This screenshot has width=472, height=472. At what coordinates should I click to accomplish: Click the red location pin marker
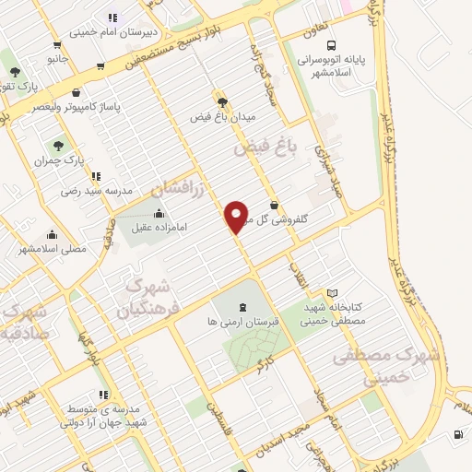pos(237,216)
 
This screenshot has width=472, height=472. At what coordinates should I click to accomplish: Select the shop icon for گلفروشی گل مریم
pos(274,206)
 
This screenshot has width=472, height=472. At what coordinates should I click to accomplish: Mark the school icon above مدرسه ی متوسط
pos(103,395)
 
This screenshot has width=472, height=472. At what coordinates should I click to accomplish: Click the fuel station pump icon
pos(457,436)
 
